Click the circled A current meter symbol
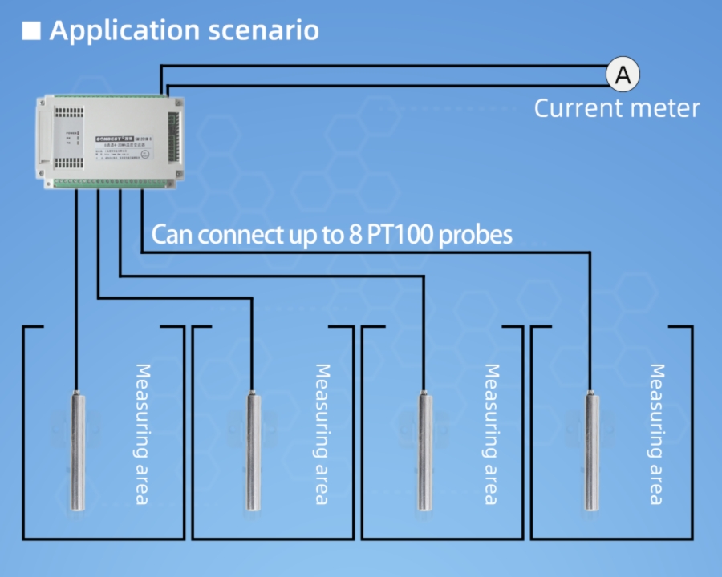[623, 75]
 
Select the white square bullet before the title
[31, 31]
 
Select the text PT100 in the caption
[400, 236]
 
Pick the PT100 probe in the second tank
[252, 449]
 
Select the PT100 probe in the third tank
[424, 449]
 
